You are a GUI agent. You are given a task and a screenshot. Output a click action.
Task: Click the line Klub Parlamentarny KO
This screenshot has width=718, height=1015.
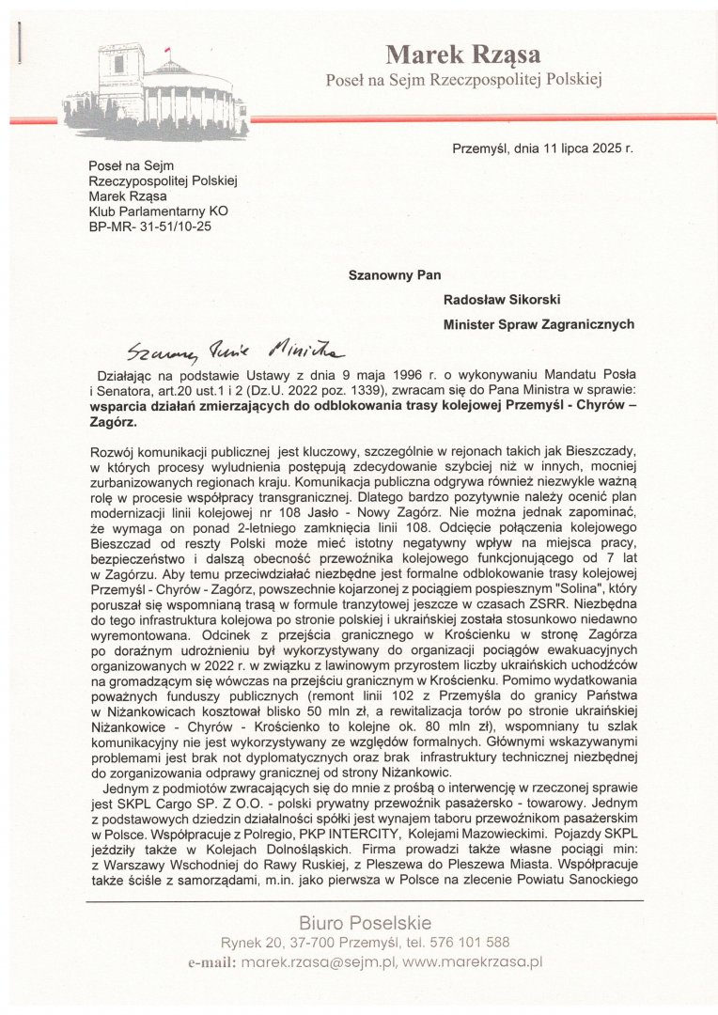[x=158, y=211]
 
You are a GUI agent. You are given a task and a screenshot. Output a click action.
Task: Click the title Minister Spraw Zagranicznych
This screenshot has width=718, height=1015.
[x=538, y=324]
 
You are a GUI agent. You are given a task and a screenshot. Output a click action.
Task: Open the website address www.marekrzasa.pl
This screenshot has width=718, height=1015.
[x=473, y=962]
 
